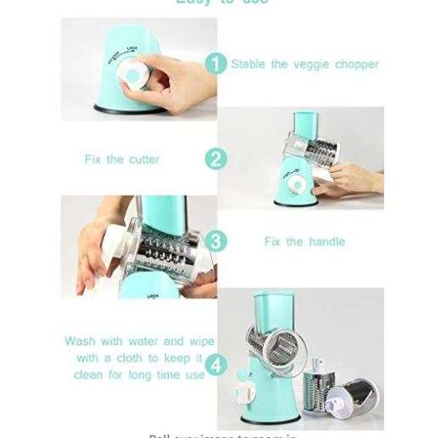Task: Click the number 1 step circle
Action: pos(217,64)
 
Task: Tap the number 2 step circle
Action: pos(217,158)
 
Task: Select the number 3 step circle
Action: pos(217,241)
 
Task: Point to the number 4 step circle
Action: pos(217,366)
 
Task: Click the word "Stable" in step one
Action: pos(248,64)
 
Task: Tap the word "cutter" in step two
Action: pos(141,159)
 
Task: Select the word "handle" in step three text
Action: pos(326,241)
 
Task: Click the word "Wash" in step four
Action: pos(81,341)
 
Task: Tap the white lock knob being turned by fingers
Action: pos(131,75)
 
